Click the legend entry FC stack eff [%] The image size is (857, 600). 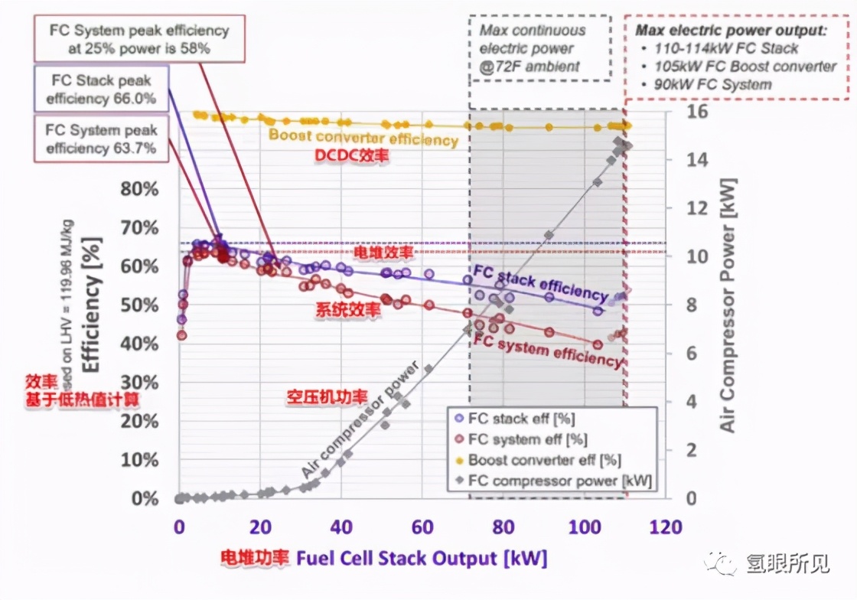(x=521, y=419)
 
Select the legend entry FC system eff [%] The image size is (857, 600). (x=527, y=439)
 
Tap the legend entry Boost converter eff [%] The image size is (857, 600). (x=544, y=460)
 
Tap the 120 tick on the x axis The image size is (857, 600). (x=665, y=527)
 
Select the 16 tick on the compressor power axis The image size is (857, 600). (x=679, y=112)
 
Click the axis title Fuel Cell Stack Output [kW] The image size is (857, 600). (x=422, y=558)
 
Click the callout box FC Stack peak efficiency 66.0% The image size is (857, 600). (x=100, y=90)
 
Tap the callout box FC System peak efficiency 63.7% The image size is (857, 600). (x=100, y=139)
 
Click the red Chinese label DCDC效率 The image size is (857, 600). (x=353, y=155)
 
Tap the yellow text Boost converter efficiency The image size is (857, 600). (x=363, y=138)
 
